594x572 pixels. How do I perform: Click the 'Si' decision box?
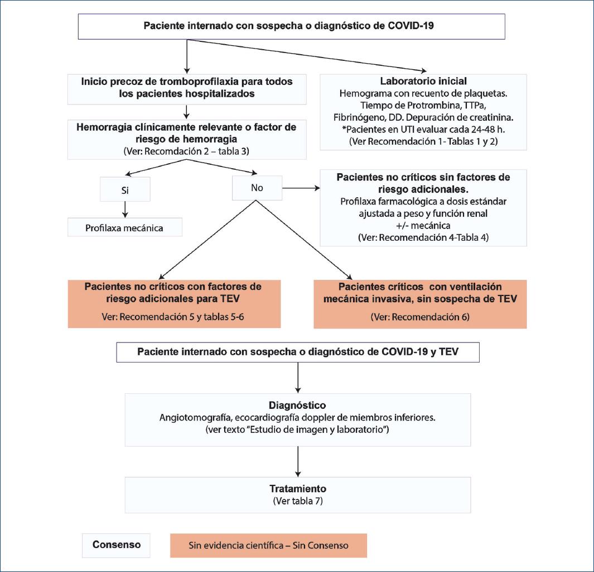click(x=125, y=188)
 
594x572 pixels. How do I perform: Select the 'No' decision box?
click(x=257, y=188)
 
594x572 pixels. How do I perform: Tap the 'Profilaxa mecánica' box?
click(x=125, y=228)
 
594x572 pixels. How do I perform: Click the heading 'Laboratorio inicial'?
click(x=423, y=82)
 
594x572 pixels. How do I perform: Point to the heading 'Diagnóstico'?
click(x=297, y=404)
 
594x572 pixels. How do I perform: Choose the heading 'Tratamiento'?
click(x=297, y=488)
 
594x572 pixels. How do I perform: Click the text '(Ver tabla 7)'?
click(x=298, y=500)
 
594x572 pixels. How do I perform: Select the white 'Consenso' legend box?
click(x=117, y=545)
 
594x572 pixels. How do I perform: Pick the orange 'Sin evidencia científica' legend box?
click(x=268, y=545)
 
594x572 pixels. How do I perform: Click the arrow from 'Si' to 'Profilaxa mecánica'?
click(x=125, y=209)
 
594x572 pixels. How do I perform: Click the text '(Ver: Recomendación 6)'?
click(x=420, y=317)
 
